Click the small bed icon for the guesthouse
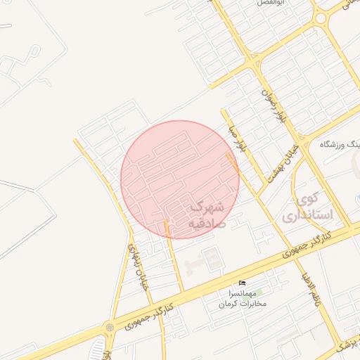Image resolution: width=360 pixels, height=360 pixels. point(243,283)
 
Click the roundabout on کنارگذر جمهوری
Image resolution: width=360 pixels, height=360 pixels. point(109,327)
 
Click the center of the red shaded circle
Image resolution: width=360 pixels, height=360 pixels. point(180,179)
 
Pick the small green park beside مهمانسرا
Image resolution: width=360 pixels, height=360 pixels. point(259,290)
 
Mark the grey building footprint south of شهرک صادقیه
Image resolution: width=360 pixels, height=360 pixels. point(209,261)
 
